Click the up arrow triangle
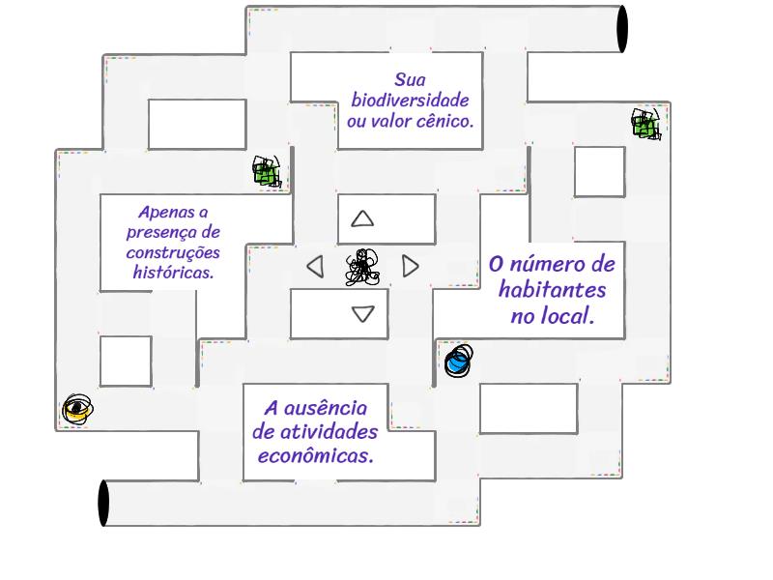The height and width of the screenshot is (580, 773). (x=362, y=218)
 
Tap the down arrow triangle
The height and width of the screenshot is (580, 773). (x=362, y=313)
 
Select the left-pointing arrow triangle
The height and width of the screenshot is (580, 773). (x=315, y=266)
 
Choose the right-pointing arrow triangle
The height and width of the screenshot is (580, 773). (x=410, y=266)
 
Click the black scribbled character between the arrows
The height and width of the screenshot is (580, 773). (x=362, y=267)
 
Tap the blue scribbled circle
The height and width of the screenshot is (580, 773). (x=458, y=361)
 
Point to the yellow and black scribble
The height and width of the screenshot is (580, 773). (x=77, y=410)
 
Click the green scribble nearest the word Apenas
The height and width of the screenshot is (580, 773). (x=267, y=171)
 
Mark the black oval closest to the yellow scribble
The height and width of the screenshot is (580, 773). (x=103, y=504)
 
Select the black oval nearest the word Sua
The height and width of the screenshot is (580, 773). (x=622, y=28)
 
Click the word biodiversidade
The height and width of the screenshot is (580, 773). (x=410, y=101)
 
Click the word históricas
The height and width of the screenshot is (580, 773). (x=173, y=274)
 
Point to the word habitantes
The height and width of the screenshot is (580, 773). (x=553, y=290)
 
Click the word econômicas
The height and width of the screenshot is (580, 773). (x=315, y=455)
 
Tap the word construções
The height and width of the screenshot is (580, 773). (x=173, y=253)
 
